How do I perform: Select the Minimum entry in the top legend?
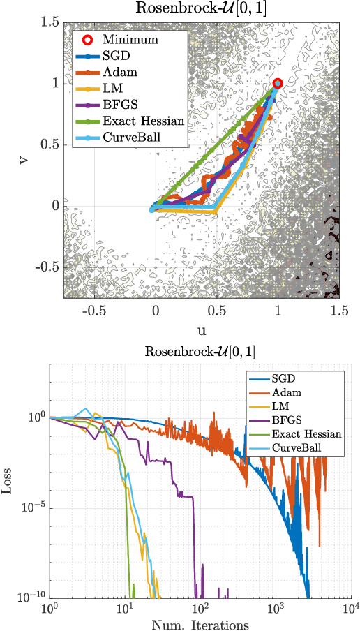(x=130, y=40)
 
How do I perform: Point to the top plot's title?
(x=201, y=9)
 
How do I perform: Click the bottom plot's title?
(x=201, y=350)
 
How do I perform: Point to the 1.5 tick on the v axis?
(x=48, y=22)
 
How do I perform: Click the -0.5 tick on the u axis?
(x=94, y=311)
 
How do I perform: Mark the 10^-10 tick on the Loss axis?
(x=31, y=597)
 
